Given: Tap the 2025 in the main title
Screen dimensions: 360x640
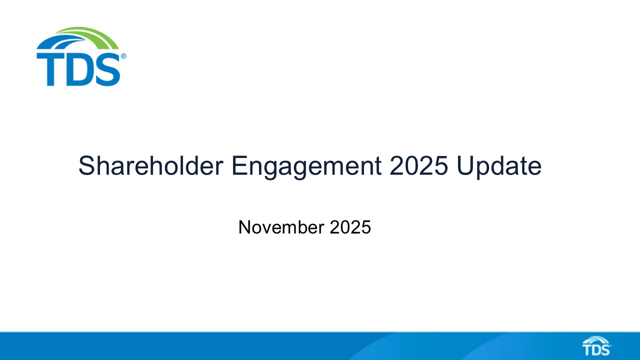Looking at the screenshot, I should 418,166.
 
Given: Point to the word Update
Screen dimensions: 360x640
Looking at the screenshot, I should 499,166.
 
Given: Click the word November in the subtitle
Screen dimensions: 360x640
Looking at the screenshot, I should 281,227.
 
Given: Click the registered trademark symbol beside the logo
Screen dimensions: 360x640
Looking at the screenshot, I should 123,56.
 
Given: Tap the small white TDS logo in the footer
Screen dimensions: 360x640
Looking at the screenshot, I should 596,346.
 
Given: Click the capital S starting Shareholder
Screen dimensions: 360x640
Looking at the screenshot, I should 86,166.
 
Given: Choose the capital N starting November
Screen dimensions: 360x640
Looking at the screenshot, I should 244,227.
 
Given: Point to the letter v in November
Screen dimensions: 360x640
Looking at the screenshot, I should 269,228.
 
